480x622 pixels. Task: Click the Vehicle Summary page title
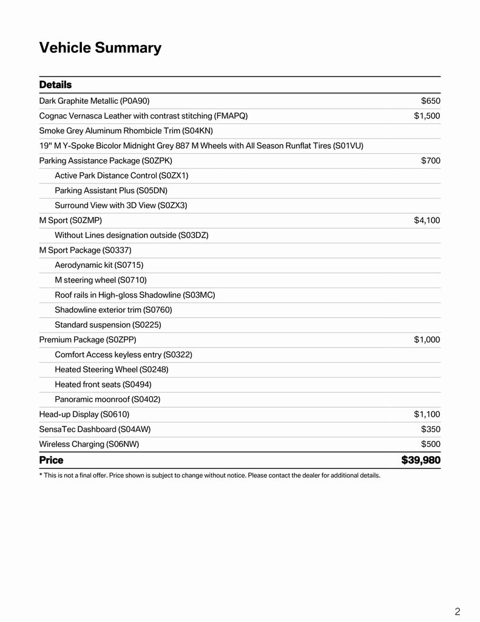(x=100, y=48)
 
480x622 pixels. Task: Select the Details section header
(x=55, y=84)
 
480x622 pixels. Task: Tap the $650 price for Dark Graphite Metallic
(x=430, y=101)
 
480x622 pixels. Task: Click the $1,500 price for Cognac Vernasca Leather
(x=427, y=115)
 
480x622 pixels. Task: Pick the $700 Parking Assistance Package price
(x=430, y=160)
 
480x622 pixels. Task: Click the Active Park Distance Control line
(x=121, y=176)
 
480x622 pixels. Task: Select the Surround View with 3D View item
(x=121, y=205)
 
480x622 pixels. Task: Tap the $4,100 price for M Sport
(x=427, y=220)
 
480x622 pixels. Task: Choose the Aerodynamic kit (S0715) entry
(x=99, y=265)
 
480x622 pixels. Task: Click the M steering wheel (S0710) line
(x=100, y=280)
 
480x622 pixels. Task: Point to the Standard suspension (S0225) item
(x=108, y=325)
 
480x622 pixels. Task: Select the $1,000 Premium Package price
(x=427, y=340)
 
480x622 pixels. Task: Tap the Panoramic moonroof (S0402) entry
(x=107, y=399)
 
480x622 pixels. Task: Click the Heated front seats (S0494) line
(x=103, y=384)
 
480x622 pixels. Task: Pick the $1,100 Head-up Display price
(x=427, y=414)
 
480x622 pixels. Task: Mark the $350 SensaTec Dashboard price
(x=430, y=429)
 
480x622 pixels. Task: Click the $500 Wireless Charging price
(x=430, y=444)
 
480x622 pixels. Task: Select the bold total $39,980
(x=421, y=460)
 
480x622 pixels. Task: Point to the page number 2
(x=457, y=611)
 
